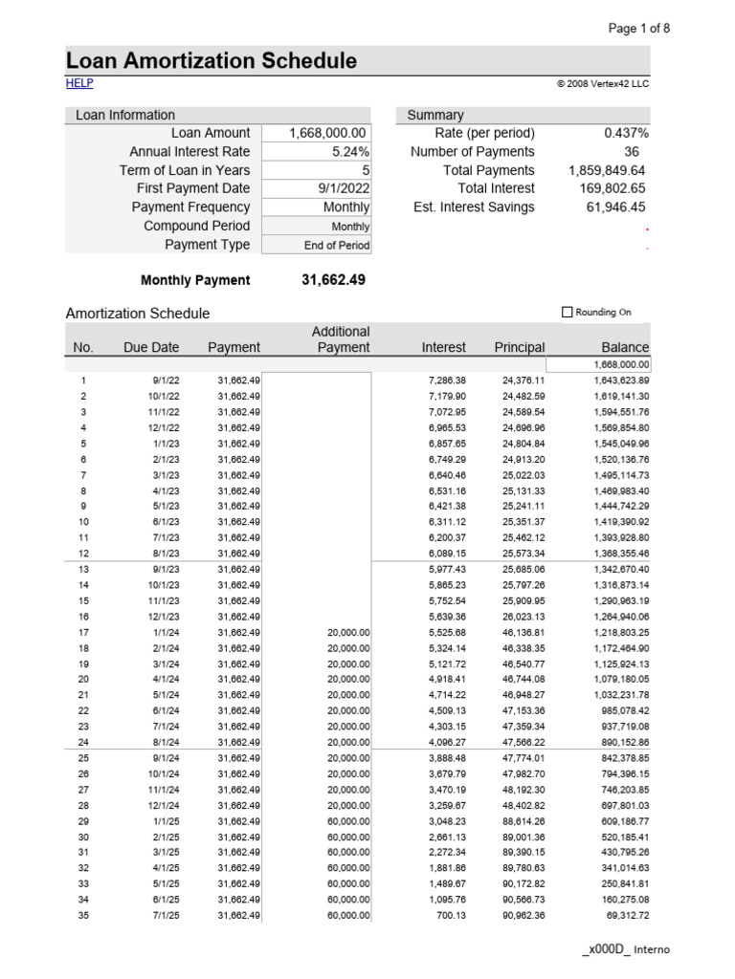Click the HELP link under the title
click(x=79, y=84)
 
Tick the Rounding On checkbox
click(x=567, y=312)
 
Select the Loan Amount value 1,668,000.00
click(x=328, y=133)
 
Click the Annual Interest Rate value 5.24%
click(x=350, y=152)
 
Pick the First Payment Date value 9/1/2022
click(x=344, y=188)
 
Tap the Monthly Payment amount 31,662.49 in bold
click(x=333, y=280)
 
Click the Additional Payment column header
click(x=341, y=339)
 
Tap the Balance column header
click(x=624, y=347)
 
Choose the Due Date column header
click(x=150, y=347)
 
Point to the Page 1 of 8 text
click(x=639, y=28)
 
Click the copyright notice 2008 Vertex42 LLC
click(x=602, y=84)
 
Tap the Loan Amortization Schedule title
click(x=212, y=61)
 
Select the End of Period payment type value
click(x=337, y=245)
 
